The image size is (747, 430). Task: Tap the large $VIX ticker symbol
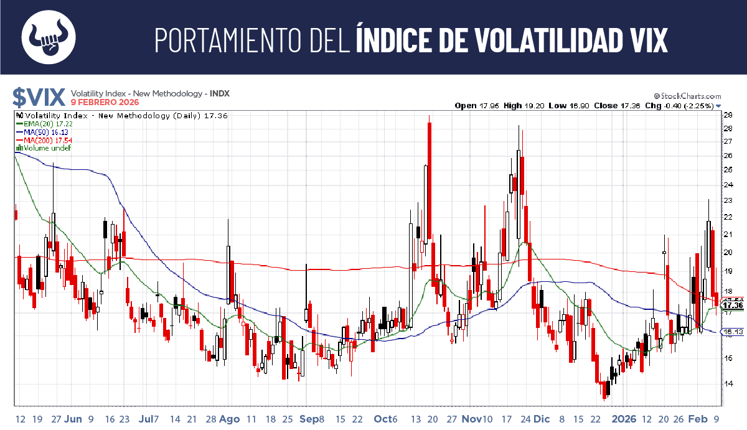click(39, 97)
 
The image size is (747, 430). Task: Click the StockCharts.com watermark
click(687, 96)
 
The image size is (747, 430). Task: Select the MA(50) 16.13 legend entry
click(42, 133)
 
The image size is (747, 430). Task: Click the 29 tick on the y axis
click(727, 115)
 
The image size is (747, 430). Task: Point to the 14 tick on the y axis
click(727, 384)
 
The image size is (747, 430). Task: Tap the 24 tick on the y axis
click(727, 185)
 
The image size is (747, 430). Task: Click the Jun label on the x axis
click(73, 419)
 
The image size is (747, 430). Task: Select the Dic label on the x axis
click(542, 419)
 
